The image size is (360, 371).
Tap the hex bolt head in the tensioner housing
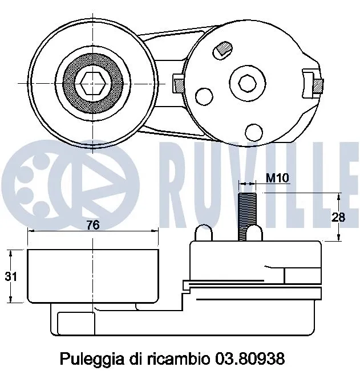click(x=248, y=83)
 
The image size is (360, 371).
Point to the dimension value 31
click(x=10, y=277)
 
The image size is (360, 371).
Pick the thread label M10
click(x=278, y=178)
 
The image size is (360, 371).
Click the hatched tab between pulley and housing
click(x=177, y=84)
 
